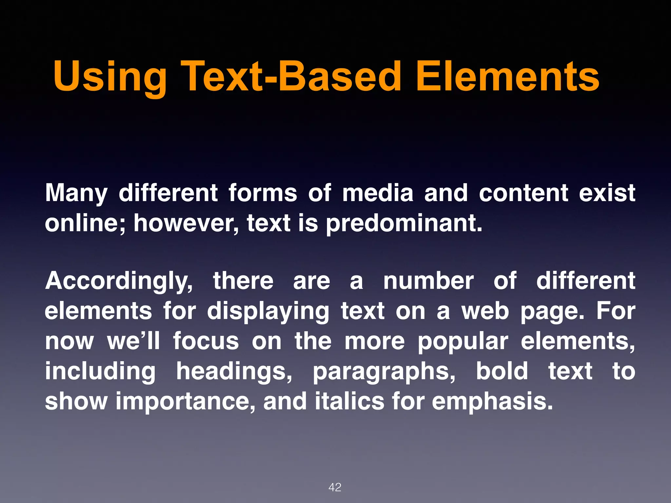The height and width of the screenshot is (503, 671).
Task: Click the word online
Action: pos(85,223)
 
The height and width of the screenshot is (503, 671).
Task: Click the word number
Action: pos(428,281)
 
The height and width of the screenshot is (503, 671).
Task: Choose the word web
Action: pos(485,311)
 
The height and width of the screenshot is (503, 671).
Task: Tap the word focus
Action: pos(206,341)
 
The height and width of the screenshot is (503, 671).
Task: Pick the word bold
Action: pos(502,371)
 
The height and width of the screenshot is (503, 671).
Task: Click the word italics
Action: pos(349,401)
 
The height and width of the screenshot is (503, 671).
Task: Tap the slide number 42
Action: pos(335,487)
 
